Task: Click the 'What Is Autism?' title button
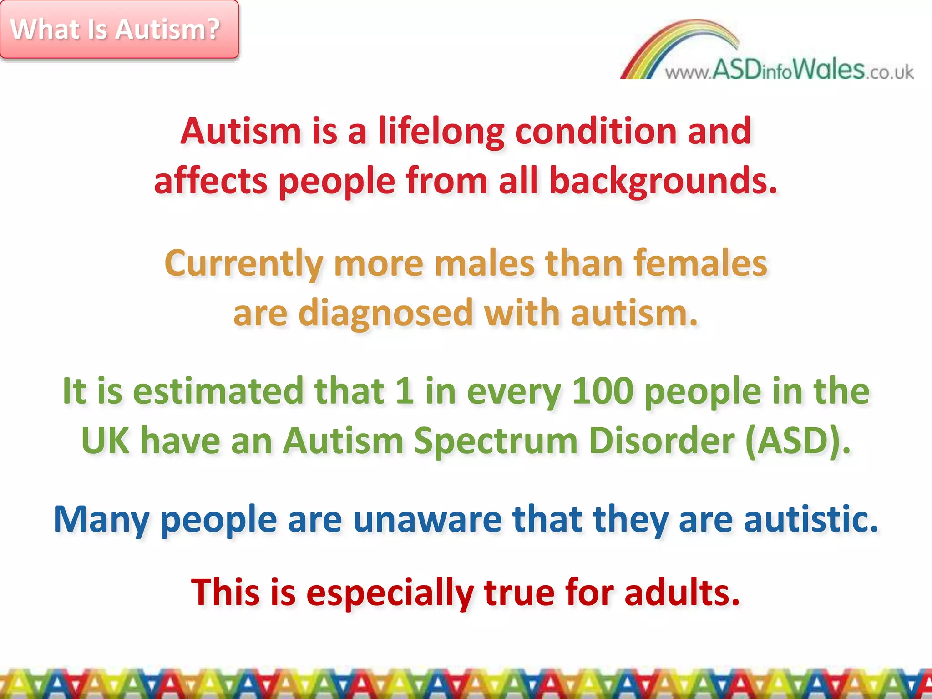click(x=119, y=30)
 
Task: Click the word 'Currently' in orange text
click(x=243, y=264)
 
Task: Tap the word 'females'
click(x=701, y=264)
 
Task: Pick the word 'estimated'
click(x=218, y=391)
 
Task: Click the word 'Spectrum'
click(x=496, y=441)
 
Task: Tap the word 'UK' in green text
click(x=105, y=441)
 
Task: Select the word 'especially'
click(x=390, y=593)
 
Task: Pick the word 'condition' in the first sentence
click(x=596, y=132)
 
